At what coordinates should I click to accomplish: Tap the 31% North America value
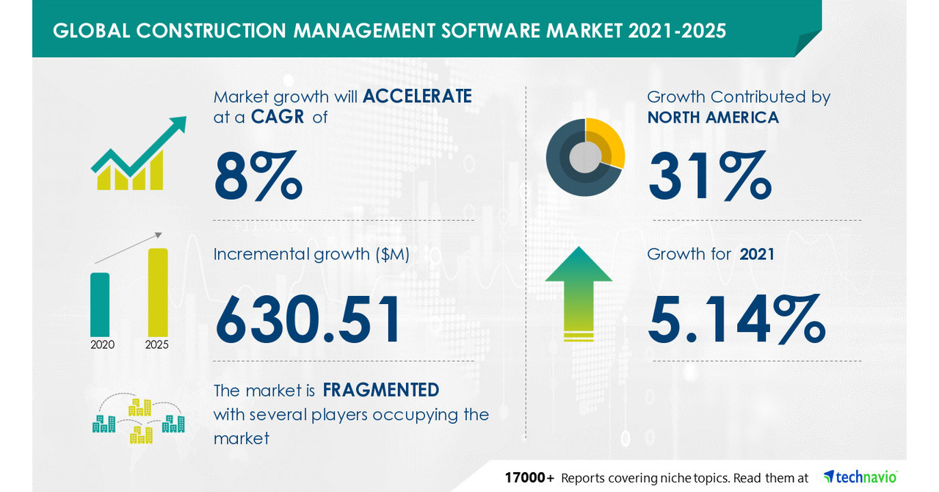(708, 176)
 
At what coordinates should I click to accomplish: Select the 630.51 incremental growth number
(308, 319)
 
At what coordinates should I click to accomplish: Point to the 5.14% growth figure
(736, 319)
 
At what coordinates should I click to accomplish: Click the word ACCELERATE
(416, 96)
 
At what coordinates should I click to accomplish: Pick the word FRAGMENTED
(381, 389)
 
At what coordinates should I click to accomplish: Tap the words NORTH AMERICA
(713, 117)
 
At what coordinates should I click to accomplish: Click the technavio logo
(860, 477)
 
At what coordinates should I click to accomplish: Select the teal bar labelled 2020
(100, 304)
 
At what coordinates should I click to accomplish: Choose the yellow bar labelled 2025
(157, 292)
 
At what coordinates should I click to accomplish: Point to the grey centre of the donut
(584, 157)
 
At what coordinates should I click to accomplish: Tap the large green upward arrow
(579, 294)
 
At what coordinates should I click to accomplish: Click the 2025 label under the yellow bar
(157, 344)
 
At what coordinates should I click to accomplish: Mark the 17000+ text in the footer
(529, 477)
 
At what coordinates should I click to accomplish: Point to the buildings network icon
(138, 422)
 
